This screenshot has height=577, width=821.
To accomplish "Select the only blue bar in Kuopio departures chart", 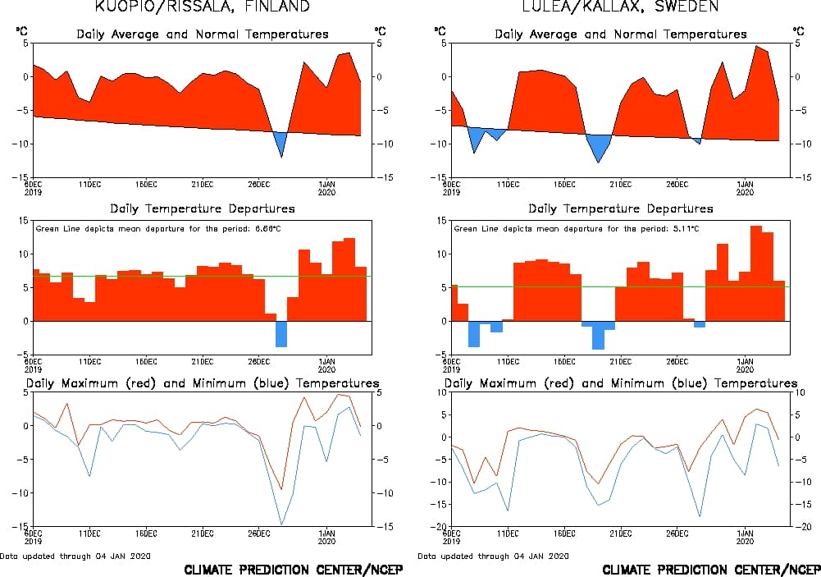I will tap(281, 333).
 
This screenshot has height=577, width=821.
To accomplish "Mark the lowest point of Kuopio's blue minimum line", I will tap(281, 524).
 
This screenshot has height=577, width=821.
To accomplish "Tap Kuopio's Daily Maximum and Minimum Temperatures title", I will tap(203, 383).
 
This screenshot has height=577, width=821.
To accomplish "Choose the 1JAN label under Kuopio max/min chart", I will tap(326, 533).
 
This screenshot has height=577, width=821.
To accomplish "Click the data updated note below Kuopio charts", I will tap(75, 556).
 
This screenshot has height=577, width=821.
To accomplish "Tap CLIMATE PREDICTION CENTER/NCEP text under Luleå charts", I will tap(710, 570).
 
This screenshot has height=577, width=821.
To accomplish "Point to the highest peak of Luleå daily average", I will tap(756, 47).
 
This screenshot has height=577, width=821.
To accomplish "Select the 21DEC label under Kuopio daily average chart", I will tap(203, 184).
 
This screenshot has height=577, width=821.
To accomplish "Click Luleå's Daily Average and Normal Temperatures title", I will tap(621, 34).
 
